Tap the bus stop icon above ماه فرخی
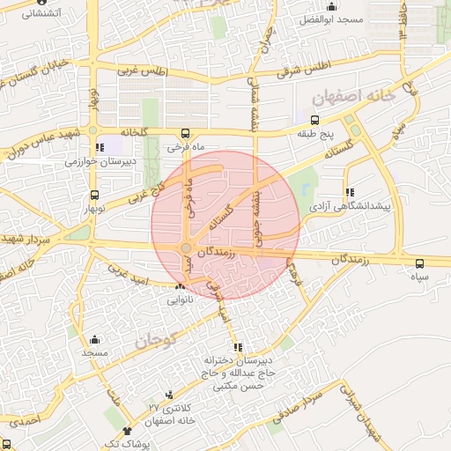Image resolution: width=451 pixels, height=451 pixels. [x=196, y=134]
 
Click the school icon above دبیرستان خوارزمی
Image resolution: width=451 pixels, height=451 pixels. [x=100, y=147]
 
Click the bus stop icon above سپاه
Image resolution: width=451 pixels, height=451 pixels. [x=419, y=262]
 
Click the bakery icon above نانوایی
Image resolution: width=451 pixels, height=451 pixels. [x=181, y=286]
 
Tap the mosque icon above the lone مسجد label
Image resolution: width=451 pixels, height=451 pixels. [x=95, y=339]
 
